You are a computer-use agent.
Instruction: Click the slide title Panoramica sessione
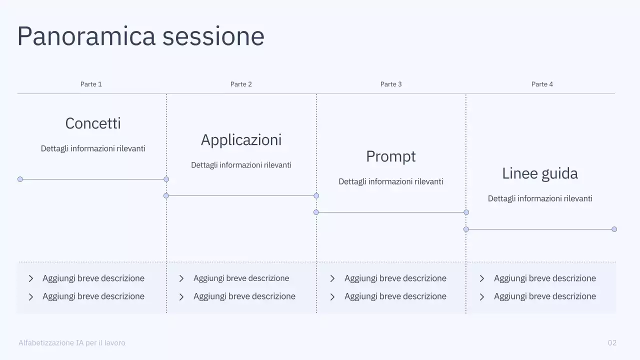[x=140, y=36]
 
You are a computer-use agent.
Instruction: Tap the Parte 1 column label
[x=91, y=84]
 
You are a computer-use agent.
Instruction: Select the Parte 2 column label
[x=241, y=84]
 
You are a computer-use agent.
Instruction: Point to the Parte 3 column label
[x=391, y=84]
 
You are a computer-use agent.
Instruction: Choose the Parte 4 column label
[x=542, y=84]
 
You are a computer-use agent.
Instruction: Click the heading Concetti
[x=93, y=123]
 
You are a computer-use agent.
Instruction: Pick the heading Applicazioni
[x=241, y=140]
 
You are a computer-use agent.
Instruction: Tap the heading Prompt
[x=391, y=156]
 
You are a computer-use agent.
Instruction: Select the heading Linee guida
[x=540, y=173]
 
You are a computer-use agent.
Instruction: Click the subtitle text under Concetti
[x=93, y=148]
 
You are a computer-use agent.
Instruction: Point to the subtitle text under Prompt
[x=391, y=181]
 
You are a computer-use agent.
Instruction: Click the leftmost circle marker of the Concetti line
[x=20, y=179]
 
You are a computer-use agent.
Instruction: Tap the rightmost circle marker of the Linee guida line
[x=614, y=229]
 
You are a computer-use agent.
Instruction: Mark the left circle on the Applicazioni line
[x=166, y=195]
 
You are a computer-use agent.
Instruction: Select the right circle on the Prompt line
[x=466, y=212]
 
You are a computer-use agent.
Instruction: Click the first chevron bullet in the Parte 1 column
[x=31, y=278]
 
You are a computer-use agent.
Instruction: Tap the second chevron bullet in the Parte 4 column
[x=482, y=296]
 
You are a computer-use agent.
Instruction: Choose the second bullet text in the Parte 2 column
[x=244, y=296]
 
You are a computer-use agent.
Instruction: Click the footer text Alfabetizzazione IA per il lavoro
[x=72, y=343]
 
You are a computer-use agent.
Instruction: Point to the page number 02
[x=612, y=343]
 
